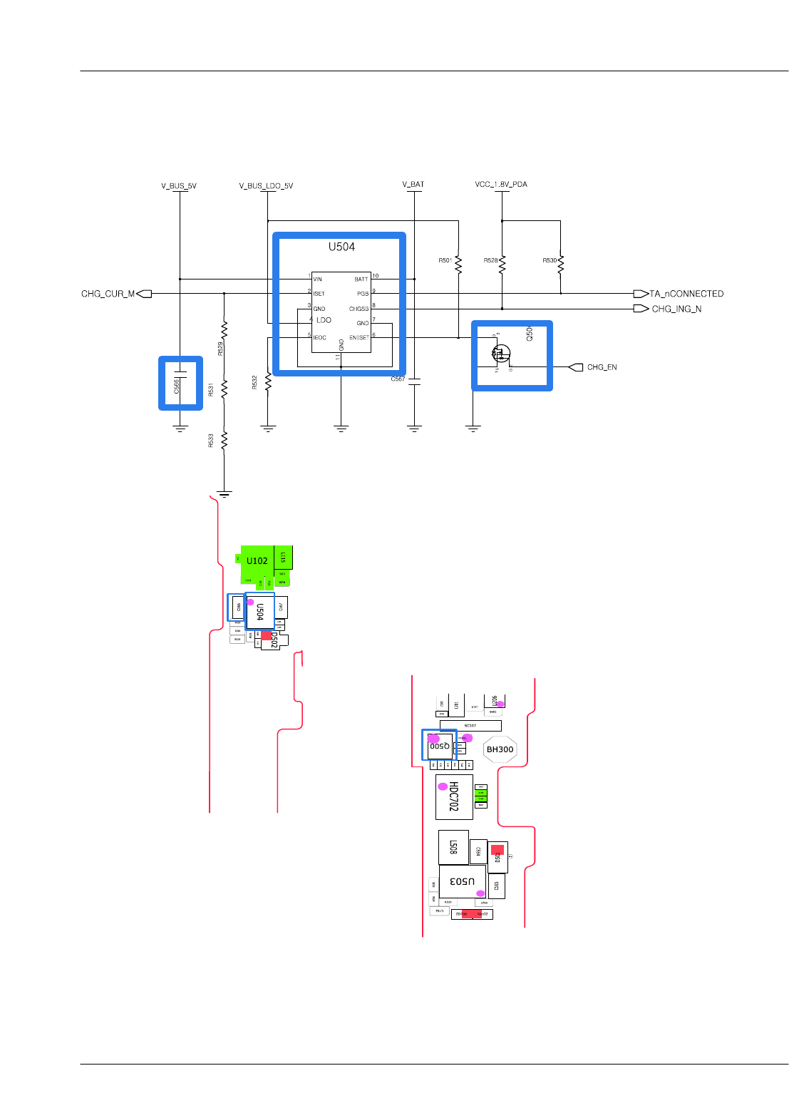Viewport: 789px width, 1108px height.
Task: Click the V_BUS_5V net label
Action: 179,186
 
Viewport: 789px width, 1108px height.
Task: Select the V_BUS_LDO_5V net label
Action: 266,186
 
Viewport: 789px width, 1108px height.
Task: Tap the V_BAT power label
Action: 413,184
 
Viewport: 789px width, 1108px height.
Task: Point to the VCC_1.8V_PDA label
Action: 501,184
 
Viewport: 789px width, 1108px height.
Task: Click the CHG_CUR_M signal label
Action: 108,294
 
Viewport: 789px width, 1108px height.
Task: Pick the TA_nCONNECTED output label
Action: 686,294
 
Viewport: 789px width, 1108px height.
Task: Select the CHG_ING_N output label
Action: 676,309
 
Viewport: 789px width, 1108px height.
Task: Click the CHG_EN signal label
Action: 602,367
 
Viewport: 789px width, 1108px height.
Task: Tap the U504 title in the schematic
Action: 341,247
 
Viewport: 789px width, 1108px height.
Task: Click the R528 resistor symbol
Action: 502,265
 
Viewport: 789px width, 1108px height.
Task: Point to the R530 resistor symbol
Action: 561,265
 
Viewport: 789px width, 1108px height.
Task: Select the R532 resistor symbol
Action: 268,382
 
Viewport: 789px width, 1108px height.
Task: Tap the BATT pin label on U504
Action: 361,279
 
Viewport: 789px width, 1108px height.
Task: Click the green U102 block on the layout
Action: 257,561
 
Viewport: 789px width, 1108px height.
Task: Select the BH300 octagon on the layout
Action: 500,749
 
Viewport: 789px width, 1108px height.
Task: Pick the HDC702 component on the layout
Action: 453,797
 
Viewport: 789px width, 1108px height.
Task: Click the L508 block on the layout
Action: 453,847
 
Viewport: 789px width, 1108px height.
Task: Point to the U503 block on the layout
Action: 462,881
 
